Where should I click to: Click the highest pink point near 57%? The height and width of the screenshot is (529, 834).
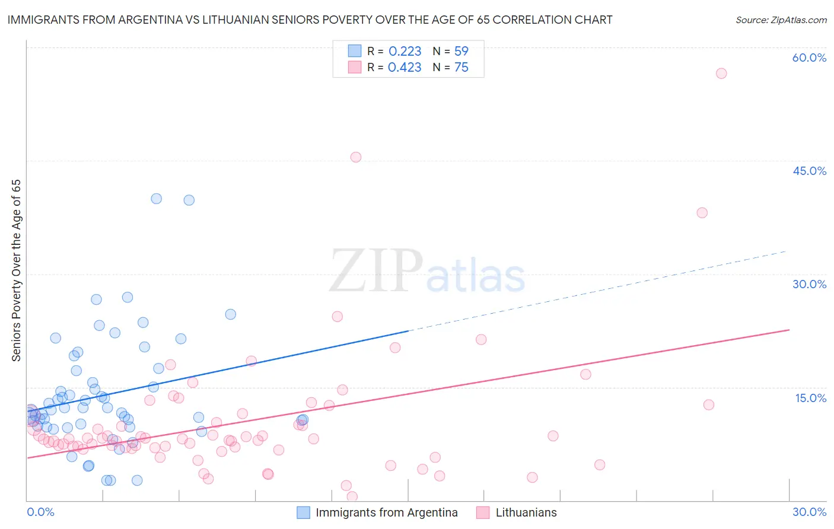click(721, 74)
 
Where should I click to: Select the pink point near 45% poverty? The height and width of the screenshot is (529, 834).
click(356, 157)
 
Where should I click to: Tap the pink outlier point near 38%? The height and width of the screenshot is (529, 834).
click(702, 213)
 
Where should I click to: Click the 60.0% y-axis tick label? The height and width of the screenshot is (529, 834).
click(809, 58)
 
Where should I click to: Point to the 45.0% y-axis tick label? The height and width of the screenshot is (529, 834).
click(809, 171)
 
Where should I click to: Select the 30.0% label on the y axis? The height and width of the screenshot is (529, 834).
click(809, 284)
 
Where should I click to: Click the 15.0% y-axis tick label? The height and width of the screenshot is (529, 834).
click(810, 398)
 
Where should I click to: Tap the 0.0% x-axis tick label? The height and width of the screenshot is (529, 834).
click(40, 512)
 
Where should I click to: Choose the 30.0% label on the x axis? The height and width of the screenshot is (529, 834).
click(809, 512)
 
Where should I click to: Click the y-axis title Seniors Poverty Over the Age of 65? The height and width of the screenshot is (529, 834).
click(17, 270)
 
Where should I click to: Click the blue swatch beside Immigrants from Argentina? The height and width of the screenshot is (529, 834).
click(303, 512)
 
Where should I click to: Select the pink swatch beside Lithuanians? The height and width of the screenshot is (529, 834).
click(483, 512)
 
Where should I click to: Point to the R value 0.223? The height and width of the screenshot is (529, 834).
click(405, 52)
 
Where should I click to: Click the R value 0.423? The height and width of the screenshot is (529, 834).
click(405, 68)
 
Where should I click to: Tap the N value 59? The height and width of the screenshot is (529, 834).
click(461, 52)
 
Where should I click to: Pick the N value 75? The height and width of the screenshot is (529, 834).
click(461, 68)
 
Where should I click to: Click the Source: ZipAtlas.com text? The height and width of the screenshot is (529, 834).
click(781, 20)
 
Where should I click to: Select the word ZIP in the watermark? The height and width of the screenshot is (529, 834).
click(376, 272)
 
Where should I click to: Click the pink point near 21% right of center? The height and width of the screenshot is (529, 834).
click(481, 340)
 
